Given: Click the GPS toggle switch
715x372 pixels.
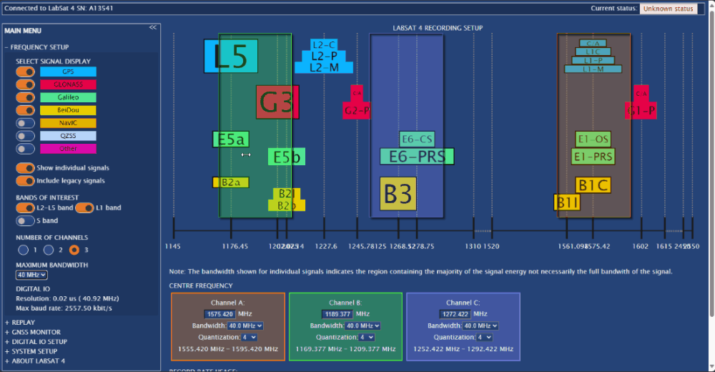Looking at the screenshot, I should point(26,72).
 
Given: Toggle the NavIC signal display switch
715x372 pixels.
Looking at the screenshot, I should point(26,123).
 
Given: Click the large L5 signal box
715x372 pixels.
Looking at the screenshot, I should point(230,57).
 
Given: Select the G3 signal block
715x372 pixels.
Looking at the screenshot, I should point(277,102).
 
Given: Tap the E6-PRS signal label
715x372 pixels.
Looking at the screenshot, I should point(417,156).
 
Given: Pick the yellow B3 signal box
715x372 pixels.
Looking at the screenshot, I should point(398,193).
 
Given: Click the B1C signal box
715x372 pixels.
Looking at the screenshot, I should point(593,186).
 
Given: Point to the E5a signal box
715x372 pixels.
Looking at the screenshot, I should point(230,139).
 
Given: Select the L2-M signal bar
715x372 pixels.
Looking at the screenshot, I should point(324,67).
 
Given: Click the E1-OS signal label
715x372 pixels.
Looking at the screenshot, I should point(593,139).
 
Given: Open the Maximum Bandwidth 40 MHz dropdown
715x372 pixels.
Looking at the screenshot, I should point(32,275).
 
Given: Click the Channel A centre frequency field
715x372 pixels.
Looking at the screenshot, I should point(220,314).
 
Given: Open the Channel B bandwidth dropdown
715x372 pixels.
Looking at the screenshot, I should point(363,325).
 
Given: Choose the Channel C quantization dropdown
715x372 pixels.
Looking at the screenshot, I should point(484,337).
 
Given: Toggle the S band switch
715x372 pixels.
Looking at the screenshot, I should point(26,220).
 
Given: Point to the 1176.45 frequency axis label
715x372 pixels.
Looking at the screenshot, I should point(235,246).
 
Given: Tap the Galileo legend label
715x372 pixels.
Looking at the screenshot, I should point(68,97).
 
